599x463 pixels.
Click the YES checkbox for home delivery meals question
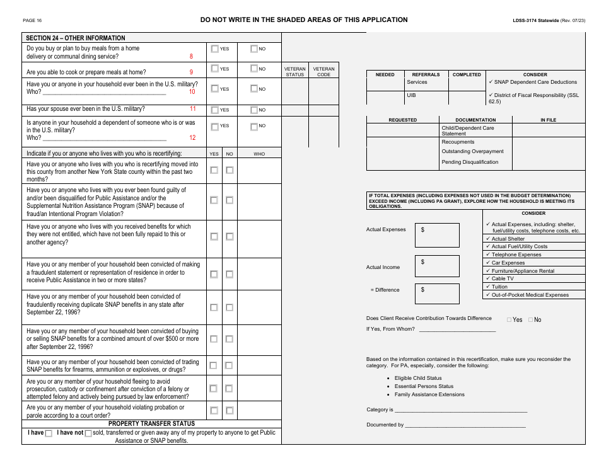click(215, 49)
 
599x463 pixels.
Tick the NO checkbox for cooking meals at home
click(254, 69)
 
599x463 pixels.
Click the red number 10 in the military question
click(192, 92)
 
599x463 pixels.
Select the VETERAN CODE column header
click(323, 72)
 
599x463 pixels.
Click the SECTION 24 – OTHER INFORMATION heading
click(76, 38)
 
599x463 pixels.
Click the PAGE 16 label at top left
click(32, 20)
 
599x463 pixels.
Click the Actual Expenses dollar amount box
click(437, 235)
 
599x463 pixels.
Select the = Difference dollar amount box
click(437, 293)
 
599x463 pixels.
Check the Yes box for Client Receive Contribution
click(509, 320)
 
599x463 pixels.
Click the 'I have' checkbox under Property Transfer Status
click(49, 433)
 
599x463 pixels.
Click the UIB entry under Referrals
click(412, 95)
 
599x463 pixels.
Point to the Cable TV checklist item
click(503, 278)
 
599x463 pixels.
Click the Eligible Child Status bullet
click(418, 378)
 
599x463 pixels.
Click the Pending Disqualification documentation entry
click(470, 163)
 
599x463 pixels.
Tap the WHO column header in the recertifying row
click(259, 154)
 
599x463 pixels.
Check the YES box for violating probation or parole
click(214, 411)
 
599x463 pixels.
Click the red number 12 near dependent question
click(192, 137)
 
